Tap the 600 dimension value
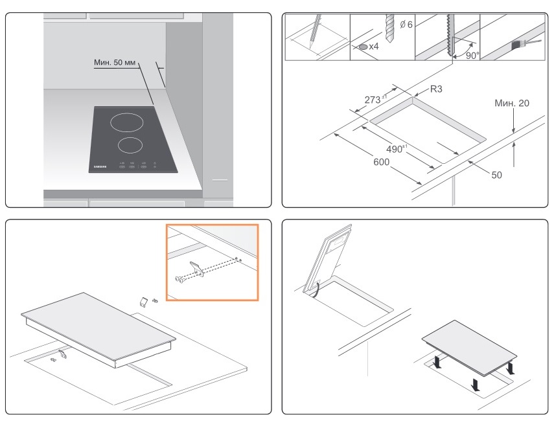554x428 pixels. [381, 162]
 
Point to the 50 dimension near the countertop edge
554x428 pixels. [496, 175]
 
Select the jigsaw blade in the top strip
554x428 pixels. [449, 36]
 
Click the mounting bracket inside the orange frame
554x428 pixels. [197, 268]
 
